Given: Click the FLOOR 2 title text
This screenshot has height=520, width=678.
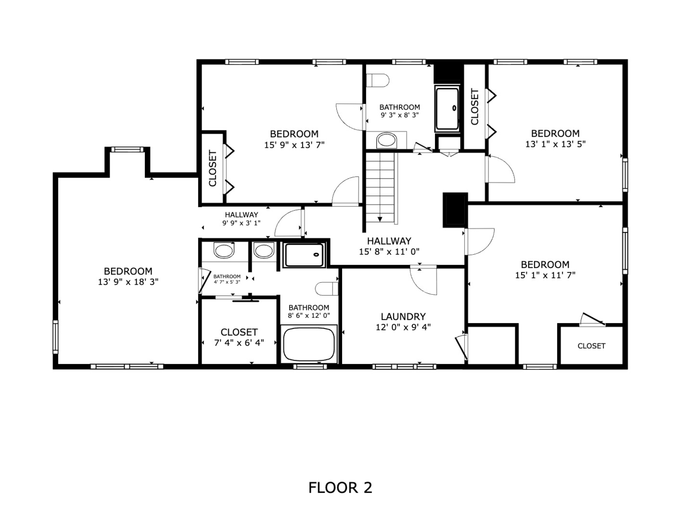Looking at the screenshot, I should tap(340, 488).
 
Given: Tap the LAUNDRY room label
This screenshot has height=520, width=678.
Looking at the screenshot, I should tap(403, 316).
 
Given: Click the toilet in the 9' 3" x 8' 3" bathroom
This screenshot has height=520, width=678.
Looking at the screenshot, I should tap(378, 80).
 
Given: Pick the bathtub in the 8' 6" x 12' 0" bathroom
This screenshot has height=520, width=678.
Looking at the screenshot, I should tap(308, 344).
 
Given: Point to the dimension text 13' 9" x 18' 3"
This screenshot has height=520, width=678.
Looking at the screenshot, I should tap(128, 282).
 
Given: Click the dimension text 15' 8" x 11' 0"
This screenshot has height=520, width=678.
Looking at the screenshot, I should tap(389, 251).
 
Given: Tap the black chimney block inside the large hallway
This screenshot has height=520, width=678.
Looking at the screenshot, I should tap(455, 209).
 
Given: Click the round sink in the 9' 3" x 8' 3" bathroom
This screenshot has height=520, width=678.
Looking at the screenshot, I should tap(386, 141).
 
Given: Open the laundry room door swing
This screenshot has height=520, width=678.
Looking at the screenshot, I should tap(424, 280).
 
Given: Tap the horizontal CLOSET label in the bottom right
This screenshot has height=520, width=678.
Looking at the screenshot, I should tap(591, 346).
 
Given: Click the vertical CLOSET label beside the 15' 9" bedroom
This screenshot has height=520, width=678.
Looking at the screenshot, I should tap(213, 169).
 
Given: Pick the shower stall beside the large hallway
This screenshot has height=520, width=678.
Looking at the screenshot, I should tap(304, 255).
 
